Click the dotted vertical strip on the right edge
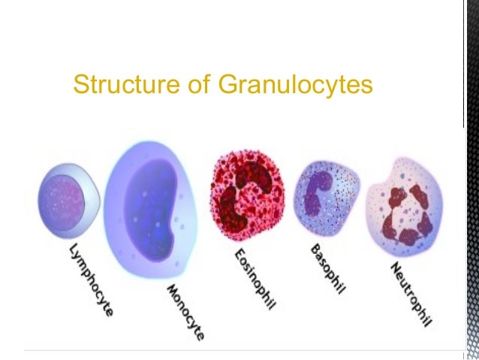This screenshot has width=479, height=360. (x=471, y=225)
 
